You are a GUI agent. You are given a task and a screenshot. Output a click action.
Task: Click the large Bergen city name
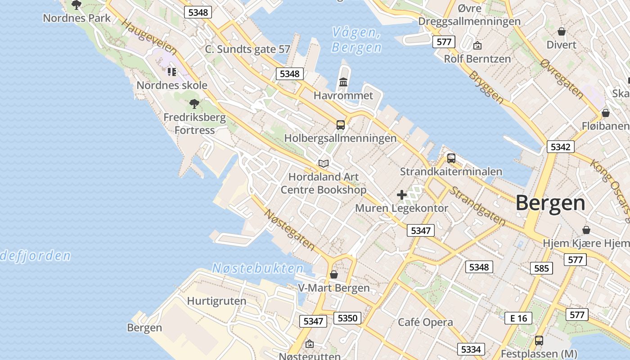point(550,203)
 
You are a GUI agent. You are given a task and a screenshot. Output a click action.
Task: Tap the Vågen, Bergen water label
point(356,40)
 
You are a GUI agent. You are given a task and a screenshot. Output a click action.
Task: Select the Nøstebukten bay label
point(258,268)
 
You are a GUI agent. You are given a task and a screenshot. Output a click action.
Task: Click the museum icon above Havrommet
point(343,82)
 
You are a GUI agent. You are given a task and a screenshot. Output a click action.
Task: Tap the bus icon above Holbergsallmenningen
point(341,125)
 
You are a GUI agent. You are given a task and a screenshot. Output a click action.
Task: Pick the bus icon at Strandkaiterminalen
point(451,158)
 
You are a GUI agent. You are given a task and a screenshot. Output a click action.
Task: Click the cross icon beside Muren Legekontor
point(402,195)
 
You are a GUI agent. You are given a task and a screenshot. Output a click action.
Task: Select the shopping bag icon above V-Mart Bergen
point(334,274)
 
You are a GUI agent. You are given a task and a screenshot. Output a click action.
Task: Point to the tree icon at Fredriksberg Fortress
point(194,104)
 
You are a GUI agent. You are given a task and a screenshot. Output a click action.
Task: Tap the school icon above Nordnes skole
point(171,72)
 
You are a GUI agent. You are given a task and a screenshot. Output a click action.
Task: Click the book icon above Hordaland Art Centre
point(324,163)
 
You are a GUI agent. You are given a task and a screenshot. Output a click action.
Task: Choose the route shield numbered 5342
point(560,147)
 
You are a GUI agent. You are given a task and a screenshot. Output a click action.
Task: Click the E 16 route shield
point(518,318)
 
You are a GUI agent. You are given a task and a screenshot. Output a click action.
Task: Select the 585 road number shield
point(541,268)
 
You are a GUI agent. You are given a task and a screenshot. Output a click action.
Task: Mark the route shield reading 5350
point(347,318)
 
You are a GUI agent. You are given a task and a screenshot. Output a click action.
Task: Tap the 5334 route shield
point(471,349)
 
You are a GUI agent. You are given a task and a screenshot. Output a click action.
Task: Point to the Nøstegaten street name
point(289,229)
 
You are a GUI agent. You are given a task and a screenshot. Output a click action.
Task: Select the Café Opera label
point(425,322)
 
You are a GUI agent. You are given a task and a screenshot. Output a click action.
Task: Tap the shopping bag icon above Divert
point(561,31)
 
